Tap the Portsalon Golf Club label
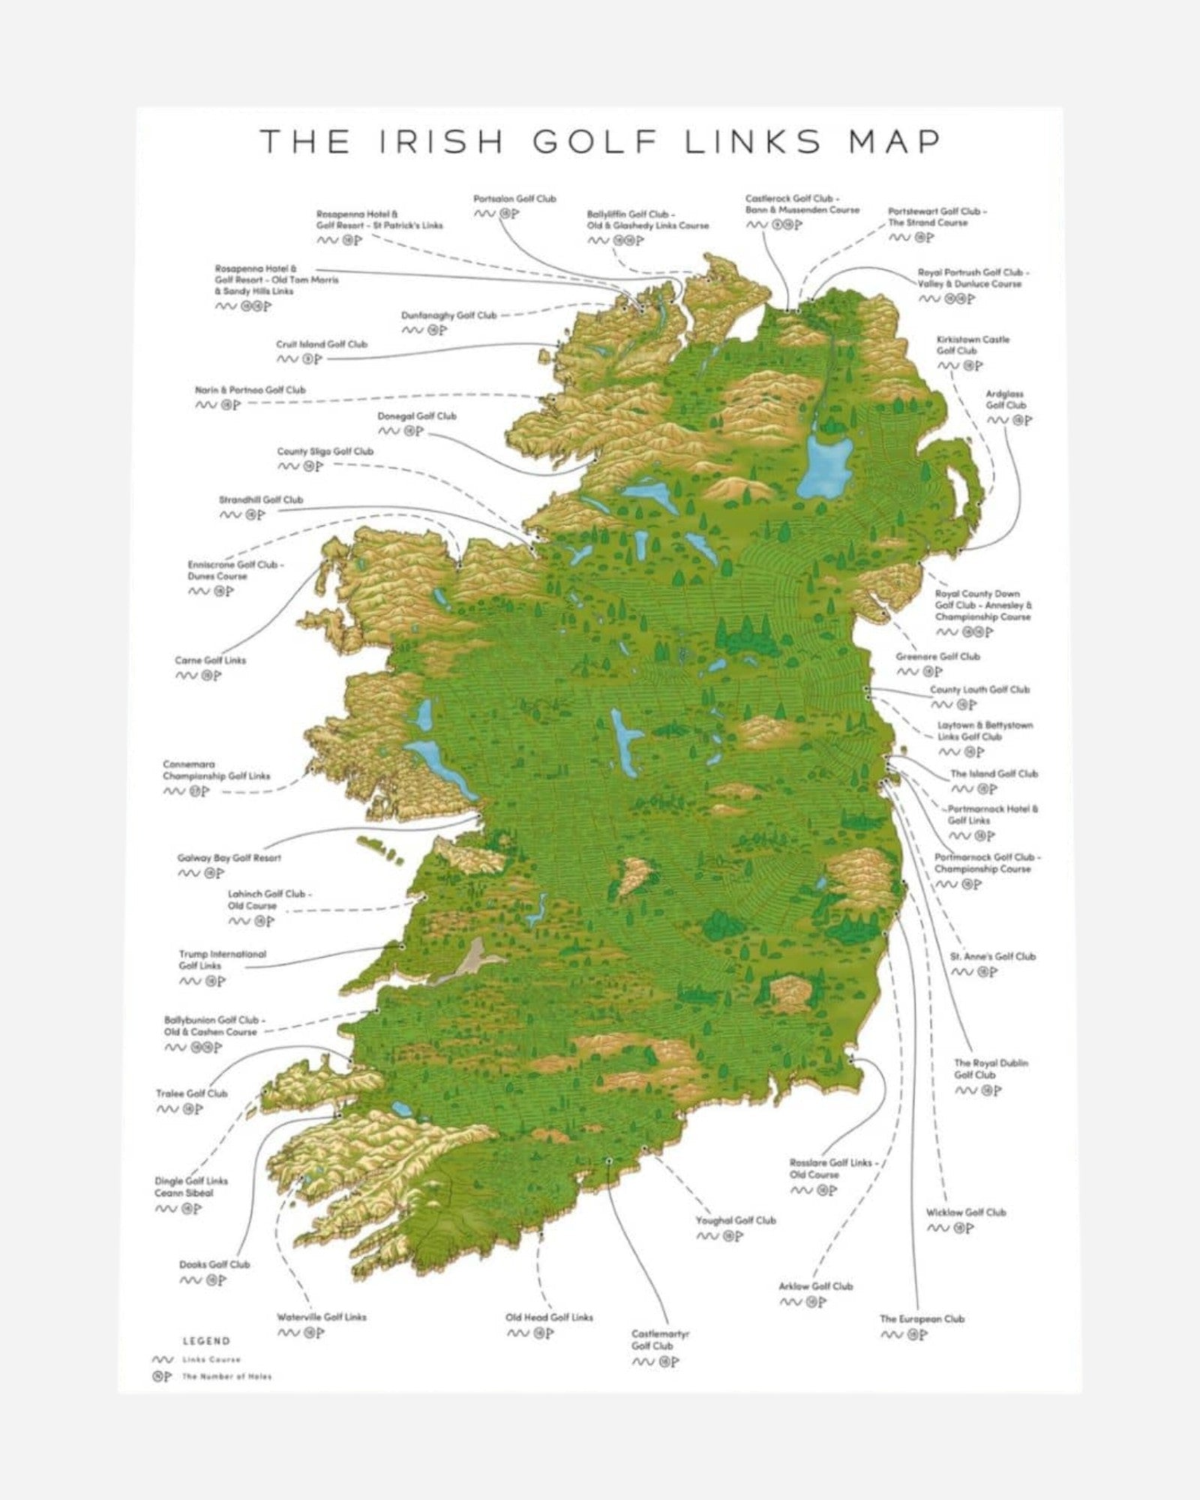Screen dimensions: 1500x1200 (x=514, y=199)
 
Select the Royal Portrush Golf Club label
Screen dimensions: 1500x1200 (x=973, y=278)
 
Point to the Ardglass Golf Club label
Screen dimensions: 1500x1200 (x=1005, y=399)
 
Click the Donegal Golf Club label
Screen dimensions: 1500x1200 (x=416, y=416)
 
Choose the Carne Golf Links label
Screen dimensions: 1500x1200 (x=210, y=661)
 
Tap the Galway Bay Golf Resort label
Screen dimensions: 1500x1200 (x=229, y=858)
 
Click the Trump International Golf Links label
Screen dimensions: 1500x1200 (x=222, y=960)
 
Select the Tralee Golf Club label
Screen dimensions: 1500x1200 (x=191, y=1093)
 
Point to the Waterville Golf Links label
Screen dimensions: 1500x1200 (x=322, y=1317)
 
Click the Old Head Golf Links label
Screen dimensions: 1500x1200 (x=549, y=1317)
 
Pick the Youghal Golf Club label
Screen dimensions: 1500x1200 (x=736, y=1220)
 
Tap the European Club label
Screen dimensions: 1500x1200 (x=922, y=1318)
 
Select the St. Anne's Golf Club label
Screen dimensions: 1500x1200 (x=992, y=956)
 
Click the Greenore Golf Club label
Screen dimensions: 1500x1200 (x=937, y=656)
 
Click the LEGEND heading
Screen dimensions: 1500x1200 (x=206, y=1341)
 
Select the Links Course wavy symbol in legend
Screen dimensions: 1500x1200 (x=162, y=1359)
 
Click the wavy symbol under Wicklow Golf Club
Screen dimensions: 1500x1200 (x=938, y=1228)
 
